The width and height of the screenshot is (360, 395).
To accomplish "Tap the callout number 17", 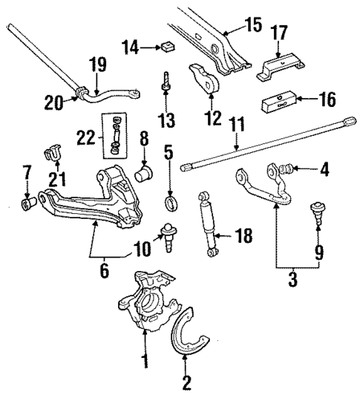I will [280, 33].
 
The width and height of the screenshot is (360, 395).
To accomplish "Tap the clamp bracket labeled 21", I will [53, 151].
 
